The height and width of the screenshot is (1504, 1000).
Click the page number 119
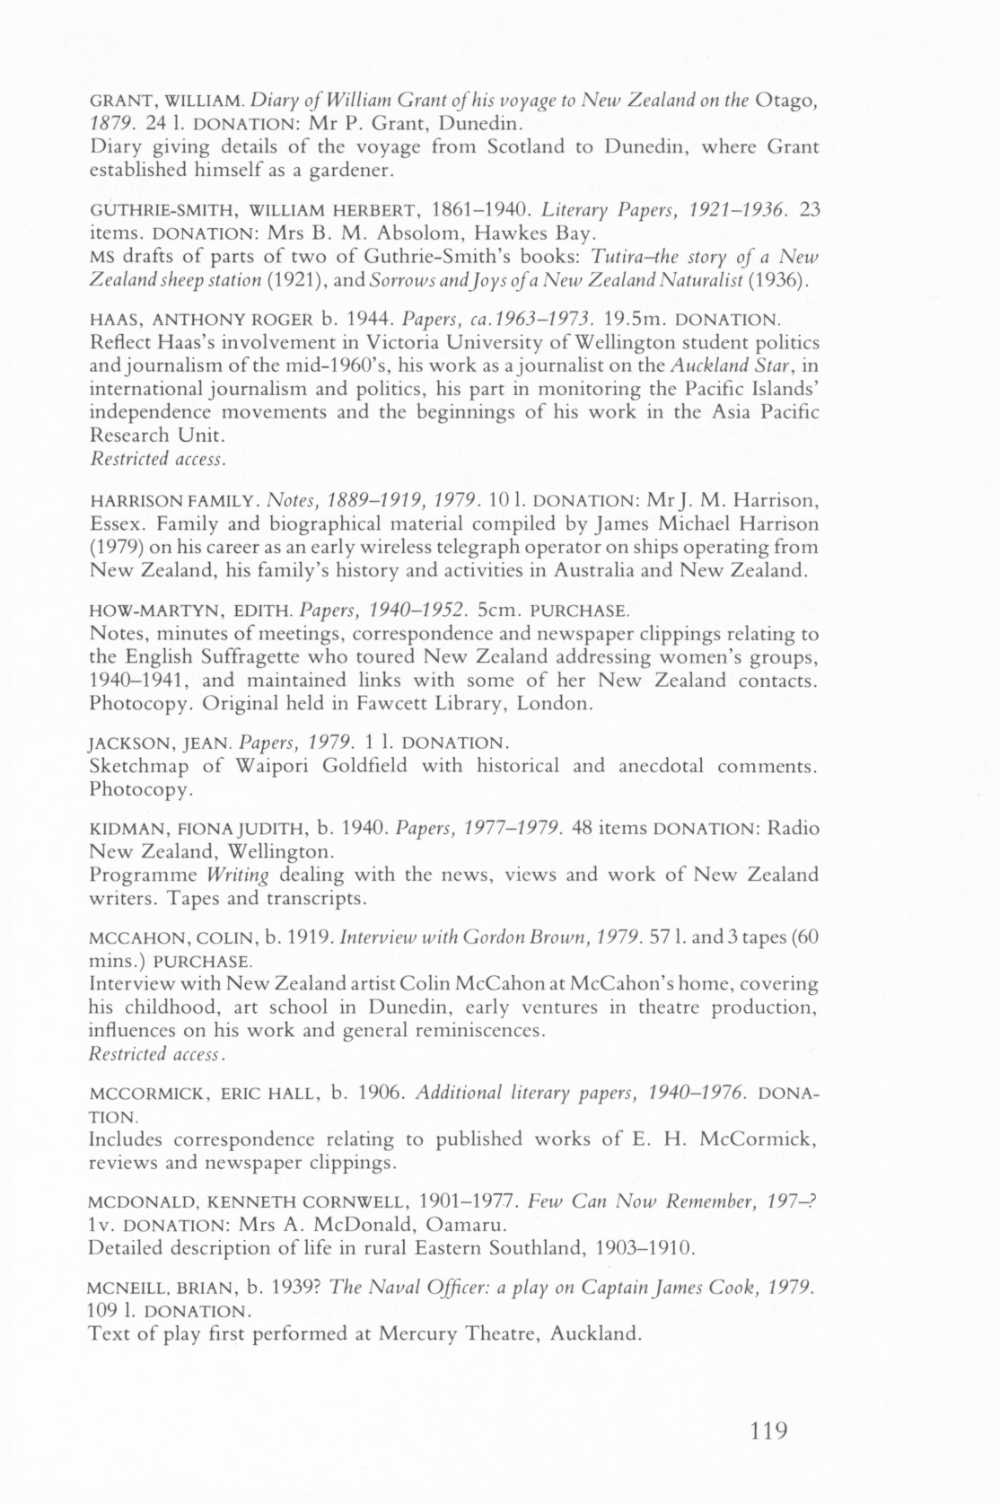768,1430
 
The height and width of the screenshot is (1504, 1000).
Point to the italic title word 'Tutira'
618,259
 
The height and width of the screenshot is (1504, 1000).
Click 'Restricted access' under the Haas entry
156,459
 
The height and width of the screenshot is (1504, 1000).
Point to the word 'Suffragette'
266,656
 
